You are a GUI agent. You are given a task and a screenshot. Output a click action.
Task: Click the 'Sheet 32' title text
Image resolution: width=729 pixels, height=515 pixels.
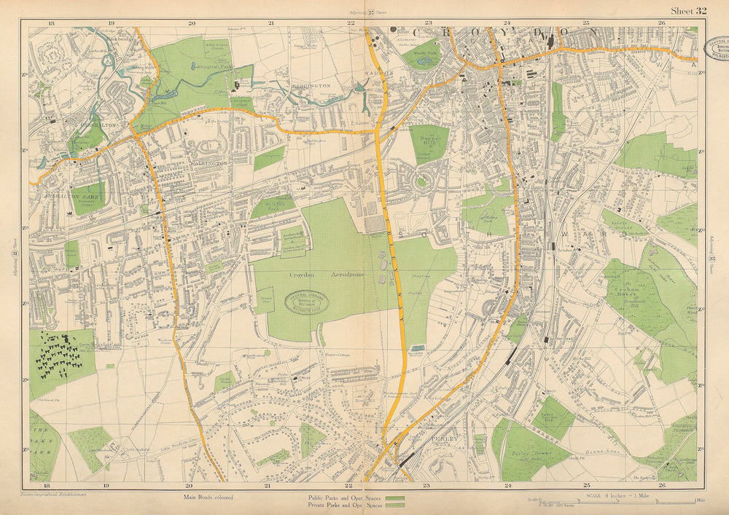(689, 10)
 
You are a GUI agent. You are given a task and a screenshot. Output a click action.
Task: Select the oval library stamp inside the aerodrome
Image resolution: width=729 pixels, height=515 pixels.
(305, 302)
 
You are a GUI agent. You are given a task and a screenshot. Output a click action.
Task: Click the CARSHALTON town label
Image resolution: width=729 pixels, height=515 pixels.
(87, 125)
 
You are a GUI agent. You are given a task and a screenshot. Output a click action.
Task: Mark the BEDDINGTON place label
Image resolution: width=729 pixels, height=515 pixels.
(311, 85)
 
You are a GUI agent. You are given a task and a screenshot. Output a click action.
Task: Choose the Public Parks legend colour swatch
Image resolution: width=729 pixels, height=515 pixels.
(395, 497)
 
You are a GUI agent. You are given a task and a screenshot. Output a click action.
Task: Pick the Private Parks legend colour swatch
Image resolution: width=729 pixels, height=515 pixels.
(395, 504)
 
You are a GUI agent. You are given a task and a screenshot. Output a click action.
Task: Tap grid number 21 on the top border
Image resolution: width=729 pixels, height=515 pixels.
(270, 23)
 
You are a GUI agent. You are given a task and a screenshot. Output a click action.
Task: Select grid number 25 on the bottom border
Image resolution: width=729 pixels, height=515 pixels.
(586, 484)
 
